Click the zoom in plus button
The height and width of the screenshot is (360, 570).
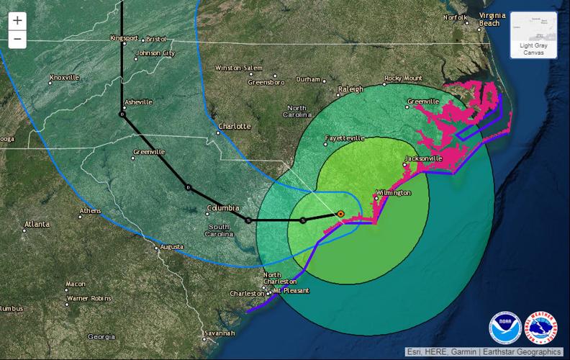17,21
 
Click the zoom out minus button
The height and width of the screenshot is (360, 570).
17,39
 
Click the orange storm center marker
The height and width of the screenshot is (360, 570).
340,213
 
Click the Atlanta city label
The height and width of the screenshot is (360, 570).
37,225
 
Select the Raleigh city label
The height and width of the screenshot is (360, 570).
350,89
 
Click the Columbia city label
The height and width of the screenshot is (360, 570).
222,208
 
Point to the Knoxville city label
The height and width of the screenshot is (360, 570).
65,78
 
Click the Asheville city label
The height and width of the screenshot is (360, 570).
138,102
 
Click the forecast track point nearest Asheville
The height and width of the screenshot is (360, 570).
122,114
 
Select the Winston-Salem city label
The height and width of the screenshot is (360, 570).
239,68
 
